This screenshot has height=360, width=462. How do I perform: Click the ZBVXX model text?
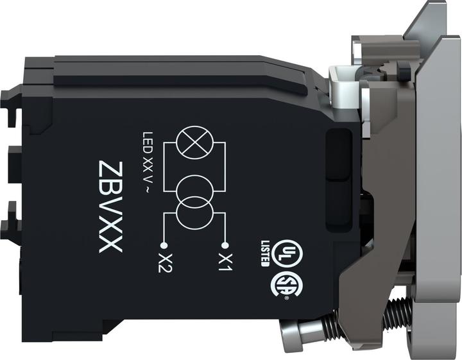pos(110,207)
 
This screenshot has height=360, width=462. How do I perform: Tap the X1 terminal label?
pos(226,262)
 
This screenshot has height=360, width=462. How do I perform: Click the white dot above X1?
pos(225,245)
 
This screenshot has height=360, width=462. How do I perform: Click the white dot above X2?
pos(164,245)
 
